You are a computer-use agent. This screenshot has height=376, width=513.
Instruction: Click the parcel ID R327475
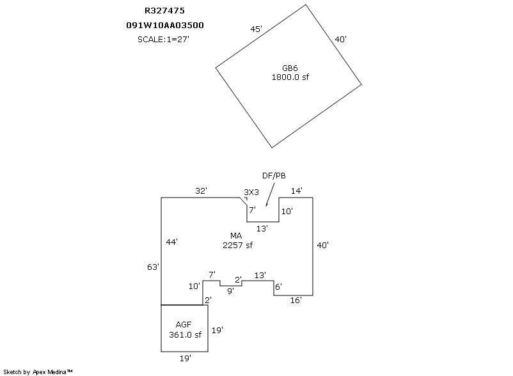coord(164,11)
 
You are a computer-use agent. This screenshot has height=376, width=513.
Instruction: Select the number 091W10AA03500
coord(165,25)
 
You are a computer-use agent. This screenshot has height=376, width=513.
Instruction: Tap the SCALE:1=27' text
coord(163,39)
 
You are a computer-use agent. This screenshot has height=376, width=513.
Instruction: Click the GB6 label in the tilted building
coord(290,68)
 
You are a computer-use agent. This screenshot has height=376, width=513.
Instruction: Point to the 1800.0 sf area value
coord(290,77)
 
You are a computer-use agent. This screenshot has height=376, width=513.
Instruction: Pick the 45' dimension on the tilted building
coord(256,29)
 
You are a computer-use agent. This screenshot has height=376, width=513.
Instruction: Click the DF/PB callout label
coord(274,176)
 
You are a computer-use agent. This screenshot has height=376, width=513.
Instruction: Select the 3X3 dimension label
coord(251,192)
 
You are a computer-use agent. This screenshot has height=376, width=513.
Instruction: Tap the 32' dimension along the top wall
coord(201,191)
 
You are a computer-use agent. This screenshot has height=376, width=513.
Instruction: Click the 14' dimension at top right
coord(297,191)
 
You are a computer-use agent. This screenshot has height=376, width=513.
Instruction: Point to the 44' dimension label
coord(172,242)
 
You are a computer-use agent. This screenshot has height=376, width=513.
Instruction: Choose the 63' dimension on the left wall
coord(153,267)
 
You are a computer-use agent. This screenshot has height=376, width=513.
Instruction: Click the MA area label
coord(236,235)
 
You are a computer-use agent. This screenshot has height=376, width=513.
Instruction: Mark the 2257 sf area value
coord(237,245)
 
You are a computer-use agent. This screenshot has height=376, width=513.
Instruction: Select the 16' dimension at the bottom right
coord(296,300)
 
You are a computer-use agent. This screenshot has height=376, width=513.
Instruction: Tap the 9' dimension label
coord(231,291)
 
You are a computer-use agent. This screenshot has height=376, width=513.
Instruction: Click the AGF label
coord(183,325)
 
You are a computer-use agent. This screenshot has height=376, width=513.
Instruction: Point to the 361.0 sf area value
coord(185,335)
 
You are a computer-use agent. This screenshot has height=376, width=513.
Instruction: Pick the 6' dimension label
coord(278,286)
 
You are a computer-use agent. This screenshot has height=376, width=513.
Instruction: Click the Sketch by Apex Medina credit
coord(38,372)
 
